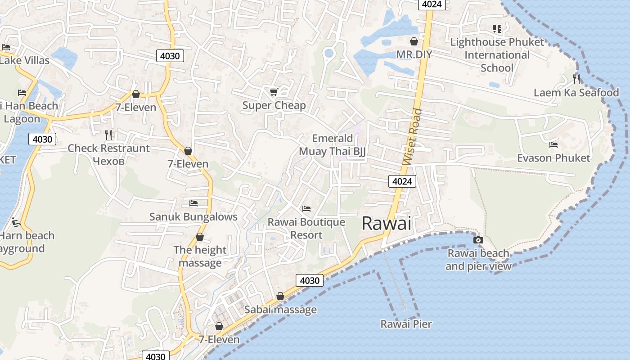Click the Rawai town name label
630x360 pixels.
tap(387, 224)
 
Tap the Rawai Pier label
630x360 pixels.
tap(406, 324)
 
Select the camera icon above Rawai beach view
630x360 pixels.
tap(478, 240)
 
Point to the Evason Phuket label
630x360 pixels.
tap(553, 158)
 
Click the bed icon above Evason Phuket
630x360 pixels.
tap(553, 145)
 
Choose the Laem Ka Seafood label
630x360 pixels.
tap(576, 93)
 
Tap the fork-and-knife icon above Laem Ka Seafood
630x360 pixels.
tap(576, 79)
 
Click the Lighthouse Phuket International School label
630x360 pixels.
tap(497, 55)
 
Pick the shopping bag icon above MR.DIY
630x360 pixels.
tap(414, 41)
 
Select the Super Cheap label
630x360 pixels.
tap(274, 105)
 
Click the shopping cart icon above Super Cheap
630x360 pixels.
tap(274, 92)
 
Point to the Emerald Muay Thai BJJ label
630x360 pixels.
tap(333, 145)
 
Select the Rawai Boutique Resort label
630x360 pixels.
tap(306, 228)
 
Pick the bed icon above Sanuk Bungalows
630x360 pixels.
tap(193, 203)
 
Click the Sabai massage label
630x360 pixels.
tap(280, 310)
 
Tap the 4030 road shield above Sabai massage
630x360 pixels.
tap(310, 280)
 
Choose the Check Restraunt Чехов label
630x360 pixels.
tap(108, 154)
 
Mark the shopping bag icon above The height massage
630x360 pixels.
tap(200, 237)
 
